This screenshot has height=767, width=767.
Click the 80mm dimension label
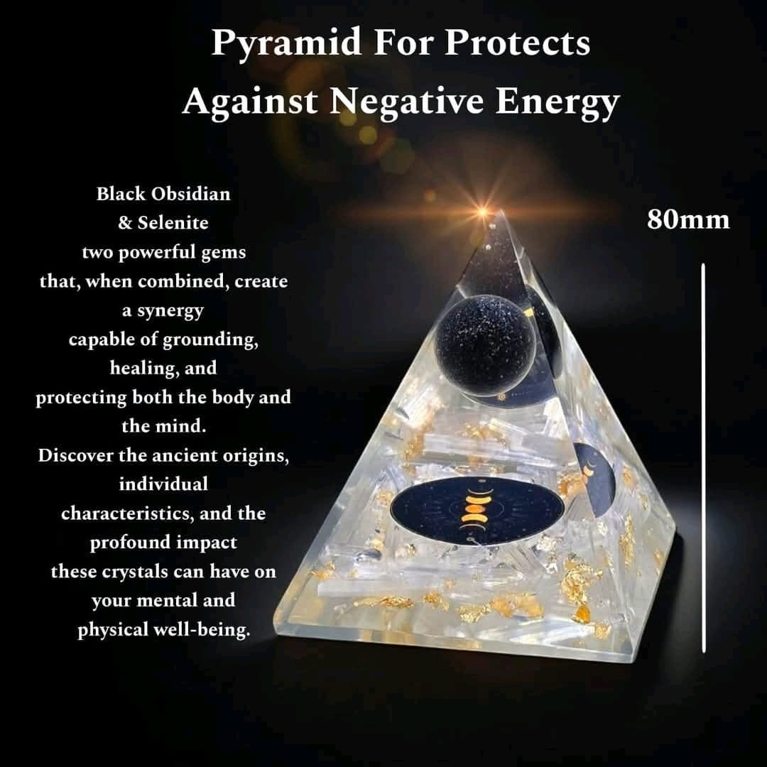tap(687, 219)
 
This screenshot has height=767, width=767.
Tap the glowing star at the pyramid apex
tap(484, 212)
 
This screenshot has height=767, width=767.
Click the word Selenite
tap(173, 223)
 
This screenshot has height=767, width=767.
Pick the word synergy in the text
tap(169, 310)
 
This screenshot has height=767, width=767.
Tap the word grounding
tap(210, 339)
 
